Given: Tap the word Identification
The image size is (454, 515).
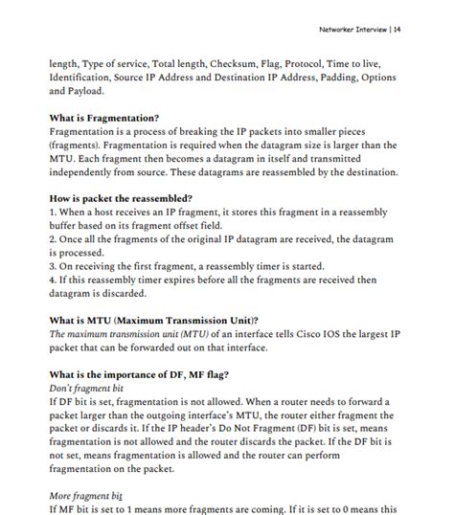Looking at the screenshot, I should tap(84, 79).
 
